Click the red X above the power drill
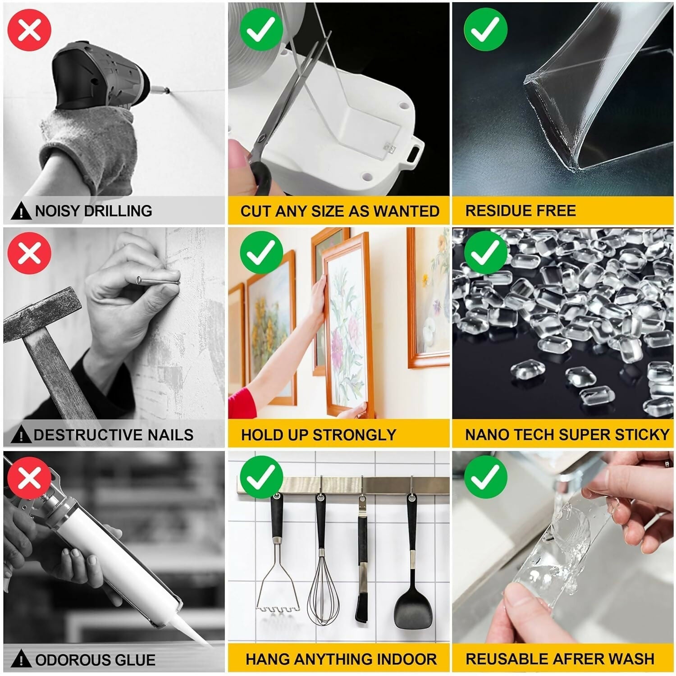point(30,29)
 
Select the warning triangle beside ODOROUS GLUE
point(21,659)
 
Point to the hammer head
point(43,311)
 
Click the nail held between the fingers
point(158,282)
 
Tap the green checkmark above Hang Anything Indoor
point(261,477)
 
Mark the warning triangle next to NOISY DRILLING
point(21,211)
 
